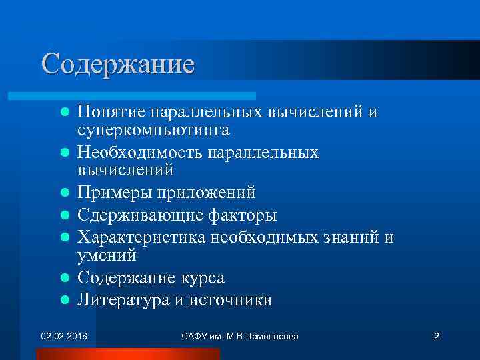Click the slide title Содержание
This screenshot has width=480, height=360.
click(117, 65)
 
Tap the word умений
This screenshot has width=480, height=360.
click(107, 255)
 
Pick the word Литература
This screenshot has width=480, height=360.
click(123, 300)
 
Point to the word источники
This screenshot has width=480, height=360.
click(230, 300)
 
